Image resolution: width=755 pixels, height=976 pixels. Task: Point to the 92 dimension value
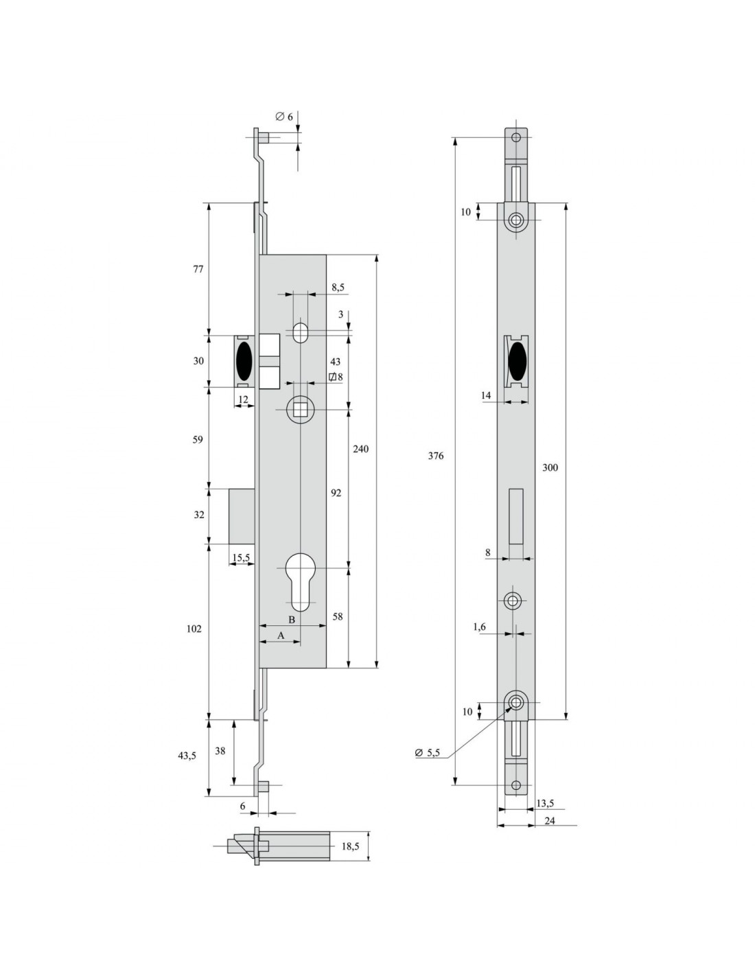tap(336, 493)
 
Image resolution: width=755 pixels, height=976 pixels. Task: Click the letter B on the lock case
tap(292, 619)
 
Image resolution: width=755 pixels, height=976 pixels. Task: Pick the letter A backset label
tap(281, 636)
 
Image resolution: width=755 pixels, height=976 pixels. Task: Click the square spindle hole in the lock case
tap(299, 409)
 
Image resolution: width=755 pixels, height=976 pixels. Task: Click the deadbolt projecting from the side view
tap(242, 516)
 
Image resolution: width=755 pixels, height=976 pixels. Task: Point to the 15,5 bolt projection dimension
tap(241, 557)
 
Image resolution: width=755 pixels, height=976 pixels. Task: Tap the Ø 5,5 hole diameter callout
tap(427, 752)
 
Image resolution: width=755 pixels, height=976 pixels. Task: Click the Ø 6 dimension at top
tap(284, 117)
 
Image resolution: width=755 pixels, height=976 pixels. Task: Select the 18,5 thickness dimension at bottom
tap(350, 846)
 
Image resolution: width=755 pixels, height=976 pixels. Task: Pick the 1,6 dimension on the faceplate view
tap(479, 627)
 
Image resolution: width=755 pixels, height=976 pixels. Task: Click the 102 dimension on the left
tap(194, 629)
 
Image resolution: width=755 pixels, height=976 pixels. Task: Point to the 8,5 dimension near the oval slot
tap(338, 288)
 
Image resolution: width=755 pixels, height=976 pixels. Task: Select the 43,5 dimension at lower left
tap(187, 756)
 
